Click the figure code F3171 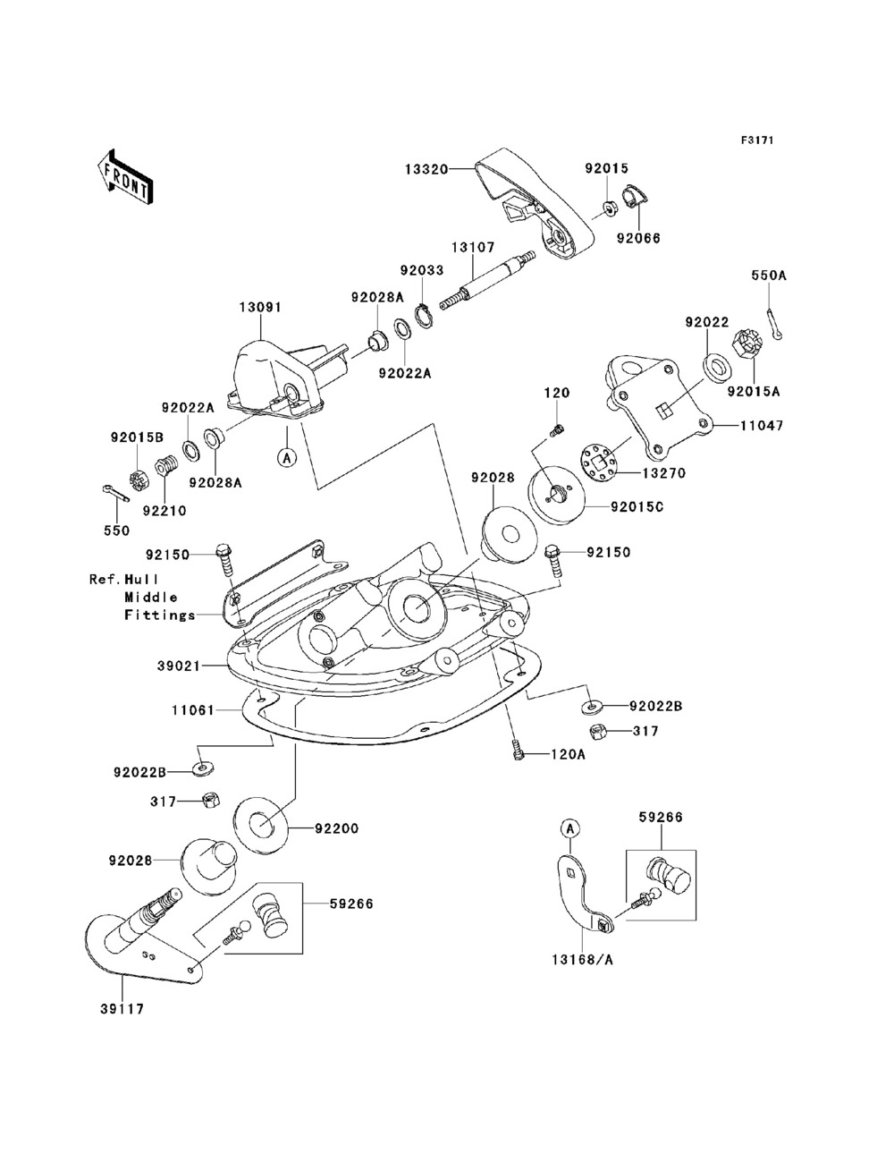tap(756, 140)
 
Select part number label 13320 tap(425, 167)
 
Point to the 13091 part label tap(259, 308)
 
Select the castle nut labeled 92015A tap(747, 344)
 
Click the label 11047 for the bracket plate tap(761, 427)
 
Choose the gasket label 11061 tap(192, 710)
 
